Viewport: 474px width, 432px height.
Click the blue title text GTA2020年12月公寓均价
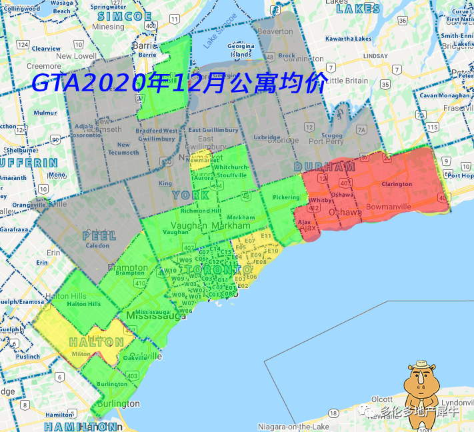pyautogui.click(x=179, y=83)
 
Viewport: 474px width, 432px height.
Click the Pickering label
pyautogui.click(x=286, y=197)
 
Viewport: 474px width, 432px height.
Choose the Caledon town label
pyautogui.click(x=98, y=245)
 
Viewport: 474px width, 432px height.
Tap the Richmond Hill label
pyautogui.click(x=201, y=211)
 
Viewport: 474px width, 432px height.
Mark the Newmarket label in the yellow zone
pyautogui.click(x=203, y=161)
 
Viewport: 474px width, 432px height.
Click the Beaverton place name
pyautogui.click(x=275, y=31)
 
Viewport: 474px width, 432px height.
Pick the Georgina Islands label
pyautogui.click(x=241, y=50)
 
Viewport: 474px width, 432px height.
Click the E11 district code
pyautogui.click(x=266, y=235)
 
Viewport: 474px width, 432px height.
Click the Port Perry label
pyautogui.click(x=326, y=141)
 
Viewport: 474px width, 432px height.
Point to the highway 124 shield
pyautogui.click(x=23, y=45)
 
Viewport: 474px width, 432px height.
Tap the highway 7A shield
pyautogui.click(x=362, y=130)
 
